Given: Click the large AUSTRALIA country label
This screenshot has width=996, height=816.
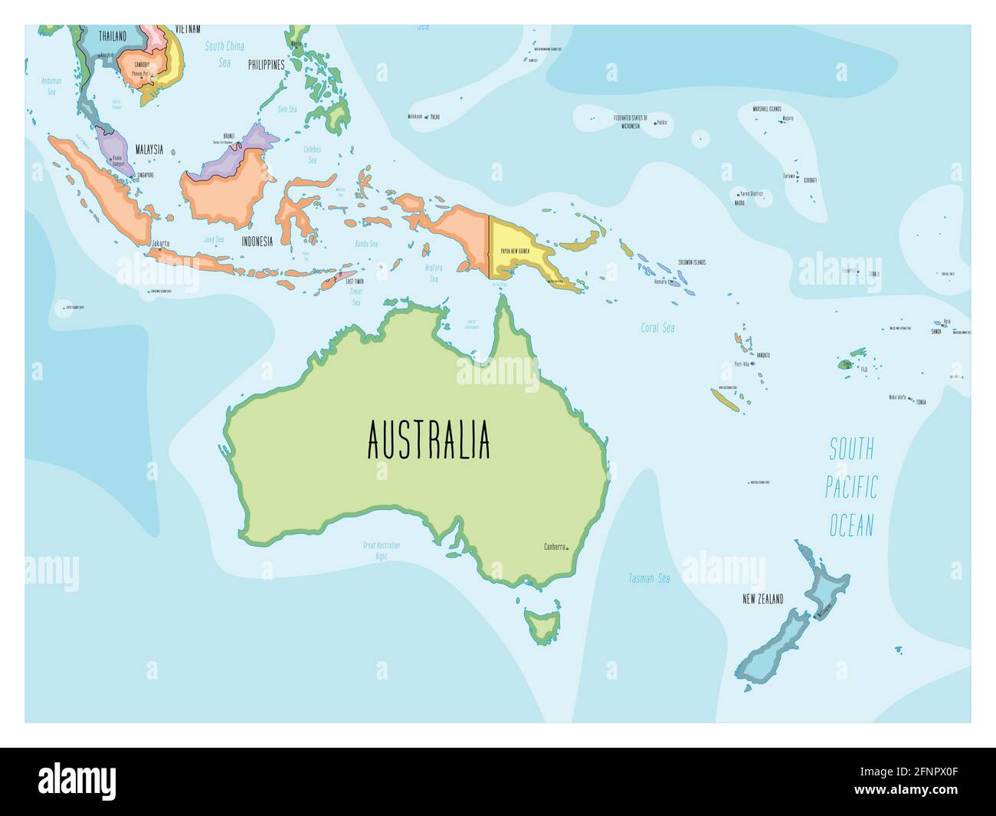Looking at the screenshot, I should (x=428, y=439).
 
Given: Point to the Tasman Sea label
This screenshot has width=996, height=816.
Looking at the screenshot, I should (x=649, y=578).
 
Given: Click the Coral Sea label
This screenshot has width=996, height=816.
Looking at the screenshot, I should (x=657, y=327).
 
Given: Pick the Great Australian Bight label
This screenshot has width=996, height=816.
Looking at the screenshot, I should (x=382, y=550).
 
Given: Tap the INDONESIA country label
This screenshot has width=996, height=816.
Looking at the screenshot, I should (x=257, y=241).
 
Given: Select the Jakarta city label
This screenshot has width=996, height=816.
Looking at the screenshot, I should (x=160, y=243).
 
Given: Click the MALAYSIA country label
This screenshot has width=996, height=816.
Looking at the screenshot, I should (x=149, y=150).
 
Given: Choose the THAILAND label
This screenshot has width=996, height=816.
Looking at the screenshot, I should (x=113, y=35).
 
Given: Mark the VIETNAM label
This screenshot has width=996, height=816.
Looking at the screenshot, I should (x=188, y=29).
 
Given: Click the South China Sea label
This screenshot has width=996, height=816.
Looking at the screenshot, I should (x=224, y=54).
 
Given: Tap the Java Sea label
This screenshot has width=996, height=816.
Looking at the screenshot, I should (x=213, y=239).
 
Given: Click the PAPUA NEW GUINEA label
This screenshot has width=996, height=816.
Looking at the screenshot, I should (x=516, y=251).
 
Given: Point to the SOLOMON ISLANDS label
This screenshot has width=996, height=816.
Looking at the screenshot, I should (x=691, y=262).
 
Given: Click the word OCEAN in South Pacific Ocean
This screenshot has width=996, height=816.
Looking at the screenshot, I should (x=851, y=525).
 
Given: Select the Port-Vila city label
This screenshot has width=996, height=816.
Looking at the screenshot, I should (x=741, y=364).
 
